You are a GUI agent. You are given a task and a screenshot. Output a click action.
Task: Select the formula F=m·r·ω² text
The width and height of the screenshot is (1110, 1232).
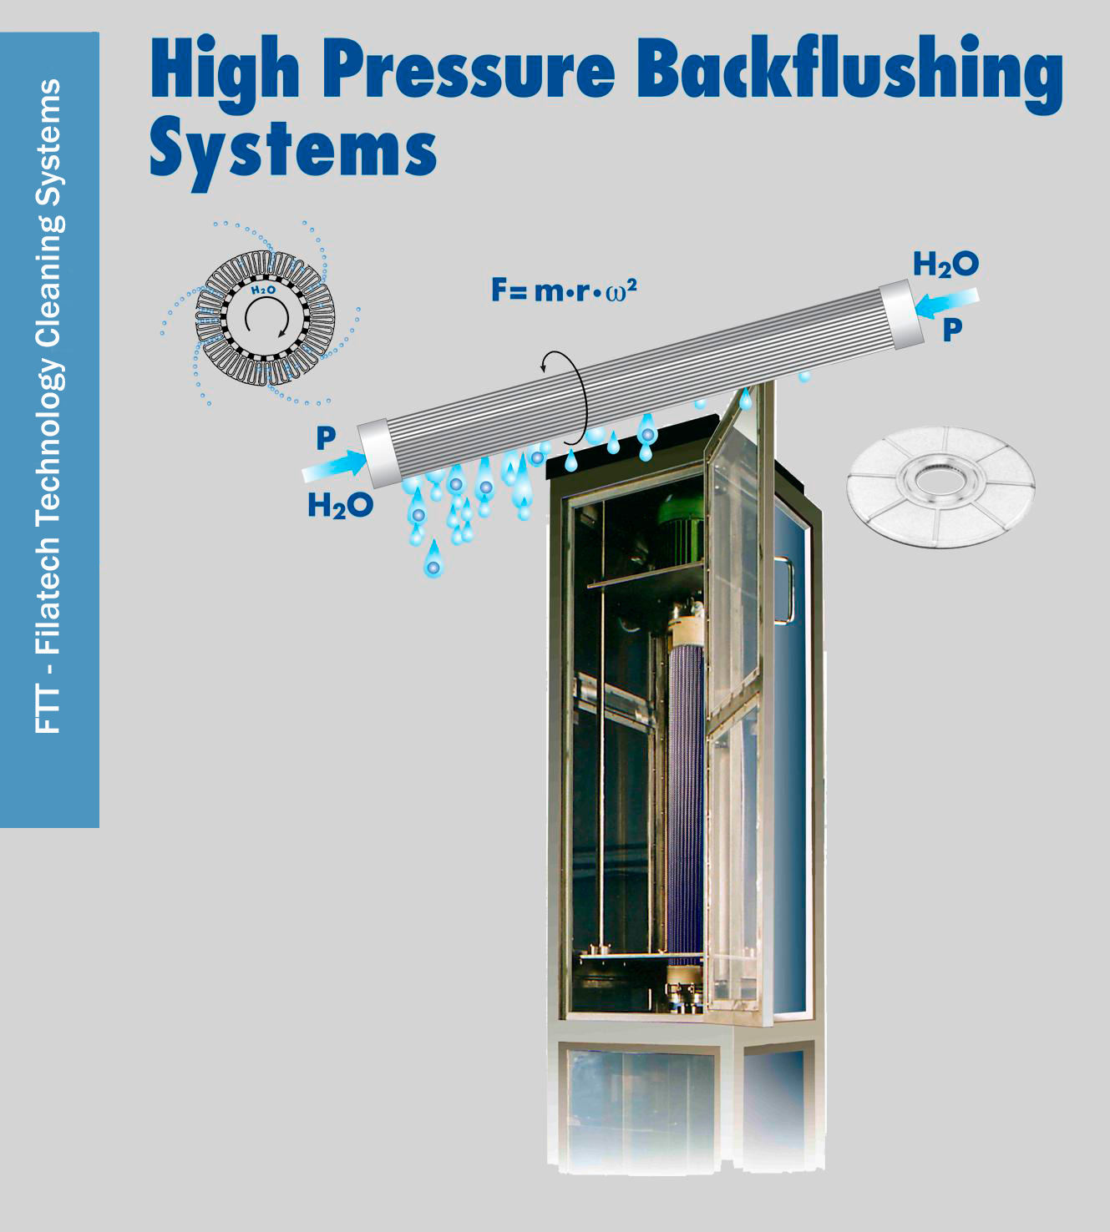click(x=564, y=290)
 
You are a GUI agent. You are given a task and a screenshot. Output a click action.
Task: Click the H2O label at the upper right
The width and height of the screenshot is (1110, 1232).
click(x=945, y=265)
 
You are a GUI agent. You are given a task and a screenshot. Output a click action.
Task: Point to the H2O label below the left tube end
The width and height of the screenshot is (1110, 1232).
click(x=340, y=505)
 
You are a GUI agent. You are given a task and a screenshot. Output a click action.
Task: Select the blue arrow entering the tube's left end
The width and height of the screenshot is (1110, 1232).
click(x=334, y=465)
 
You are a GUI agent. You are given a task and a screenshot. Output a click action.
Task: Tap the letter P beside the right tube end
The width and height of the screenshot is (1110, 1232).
click(x=952, y=331)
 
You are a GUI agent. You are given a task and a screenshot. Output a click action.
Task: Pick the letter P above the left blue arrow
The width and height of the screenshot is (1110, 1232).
click(x=326, y=437)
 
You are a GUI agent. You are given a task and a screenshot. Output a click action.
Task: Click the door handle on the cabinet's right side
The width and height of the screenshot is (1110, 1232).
click(x=785, y=590)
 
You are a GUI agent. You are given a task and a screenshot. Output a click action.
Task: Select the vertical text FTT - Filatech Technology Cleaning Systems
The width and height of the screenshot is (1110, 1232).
click(x=49, y=406)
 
